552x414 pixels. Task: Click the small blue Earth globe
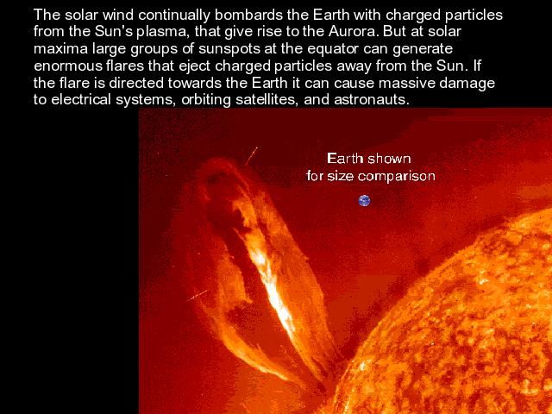pos(364,201)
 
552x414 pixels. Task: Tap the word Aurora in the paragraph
pos(354,32)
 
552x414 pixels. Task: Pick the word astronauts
pos(372,100)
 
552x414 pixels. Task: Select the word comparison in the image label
pos(397,176)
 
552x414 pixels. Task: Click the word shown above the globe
pos(389,159)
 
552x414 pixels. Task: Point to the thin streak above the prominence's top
pos(251,156)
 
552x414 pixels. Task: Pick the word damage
pos(467,84)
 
